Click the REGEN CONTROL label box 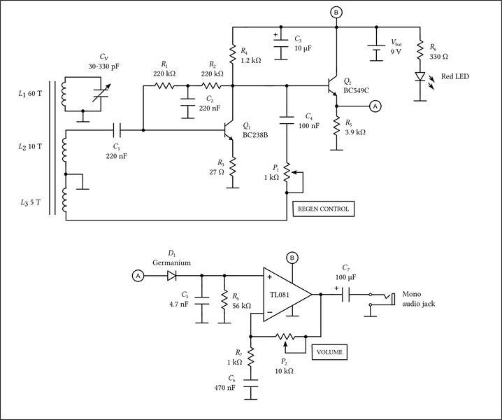coord(322,208)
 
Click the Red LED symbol coord(420,76)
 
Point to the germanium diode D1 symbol coord(171,276)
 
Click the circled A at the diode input coord(138,276)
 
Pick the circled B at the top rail coord(336,13)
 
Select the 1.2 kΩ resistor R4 coord(232,51)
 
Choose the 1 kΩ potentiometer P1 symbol coord(286,171)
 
